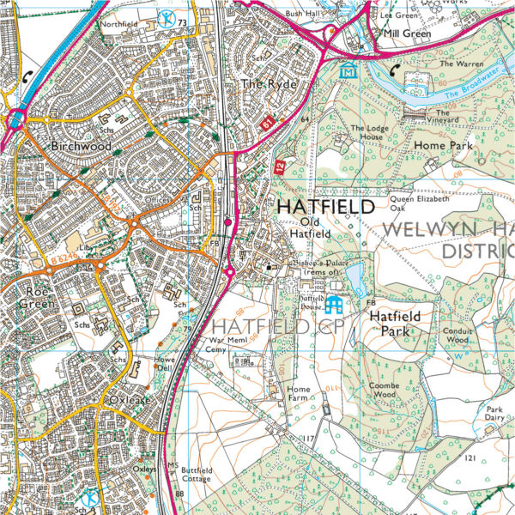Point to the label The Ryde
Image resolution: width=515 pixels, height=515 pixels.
coord(261,84)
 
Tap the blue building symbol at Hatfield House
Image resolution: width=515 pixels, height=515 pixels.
coord(334,304)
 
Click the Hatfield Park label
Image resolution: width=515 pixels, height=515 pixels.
coord(395,322)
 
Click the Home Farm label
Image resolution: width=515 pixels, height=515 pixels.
coord(298,395)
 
